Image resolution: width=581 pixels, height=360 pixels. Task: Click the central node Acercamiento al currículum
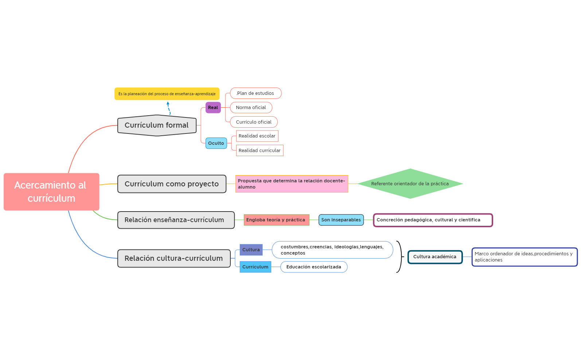(51, 191)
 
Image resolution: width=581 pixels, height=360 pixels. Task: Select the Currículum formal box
(157, 125)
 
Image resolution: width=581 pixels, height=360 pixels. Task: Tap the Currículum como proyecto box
(172, 184)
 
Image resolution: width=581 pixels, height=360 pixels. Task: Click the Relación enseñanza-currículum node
(176, 220)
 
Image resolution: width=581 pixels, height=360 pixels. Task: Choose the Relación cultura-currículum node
(174, 258)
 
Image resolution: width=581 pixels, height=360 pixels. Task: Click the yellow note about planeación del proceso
(167, 94)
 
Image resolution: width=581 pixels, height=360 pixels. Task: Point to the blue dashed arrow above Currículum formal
(169, 108)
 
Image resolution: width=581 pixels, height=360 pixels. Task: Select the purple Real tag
(213, 108)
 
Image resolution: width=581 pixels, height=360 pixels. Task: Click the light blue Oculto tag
(216, 143)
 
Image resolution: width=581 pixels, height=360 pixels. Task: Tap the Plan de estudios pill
(256, 93)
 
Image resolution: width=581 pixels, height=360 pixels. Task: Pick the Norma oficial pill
(251, 108)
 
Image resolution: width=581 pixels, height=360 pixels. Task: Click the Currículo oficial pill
(253, 122)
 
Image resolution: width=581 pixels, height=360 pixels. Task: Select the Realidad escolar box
(257, 136)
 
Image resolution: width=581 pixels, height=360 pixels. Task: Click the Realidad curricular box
(260, 151)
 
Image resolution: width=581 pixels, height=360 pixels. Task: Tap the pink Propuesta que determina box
(292, 184)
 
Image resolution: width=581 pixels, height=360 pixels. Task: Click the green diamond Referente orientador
(410, 184)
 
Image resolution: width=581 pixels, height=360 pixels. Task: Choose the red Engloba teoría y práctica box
(276, 220)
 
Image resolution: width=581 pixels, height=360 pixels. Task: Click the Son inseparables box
(341, 220)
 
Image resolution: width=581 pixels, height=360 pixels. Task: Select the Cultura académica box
(435, 257)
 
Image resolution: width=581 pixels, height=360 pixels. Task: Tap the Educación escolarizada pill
(313, 267)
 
